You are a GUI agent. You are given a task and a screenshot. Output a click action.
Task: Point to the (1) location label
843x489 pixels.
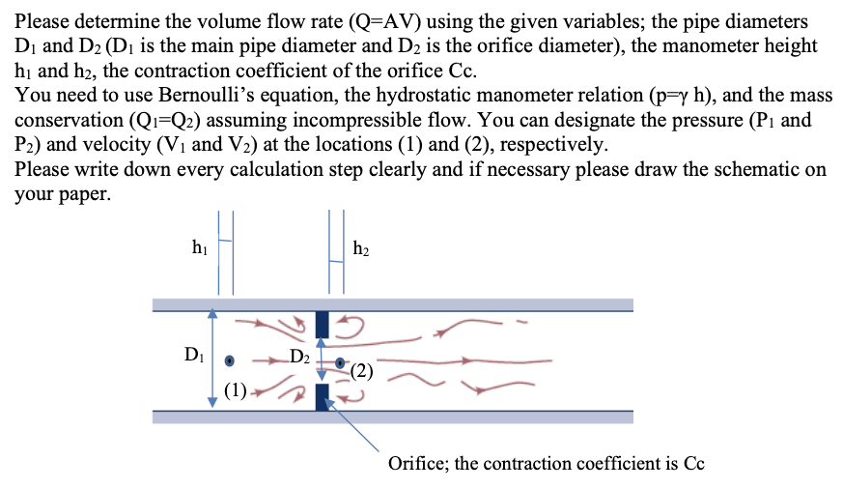click(235, 391)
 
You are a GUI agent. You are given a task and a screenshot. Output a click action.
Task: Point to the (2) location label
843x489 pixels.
click(361, 370)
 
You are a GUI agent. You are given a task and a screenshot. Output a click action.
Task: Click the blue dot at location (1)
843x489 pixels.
click(230, 361)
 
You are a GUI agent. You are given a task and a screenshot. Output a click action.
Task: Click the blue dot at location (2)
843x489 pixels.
click(340, 363)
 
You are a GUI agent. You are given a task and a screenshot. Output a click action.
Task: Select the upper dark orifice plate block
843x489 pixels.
click(323, 324)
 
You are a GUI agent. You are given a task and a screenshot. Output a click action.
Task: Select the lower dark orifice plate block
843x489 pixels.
click(323, 397)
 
